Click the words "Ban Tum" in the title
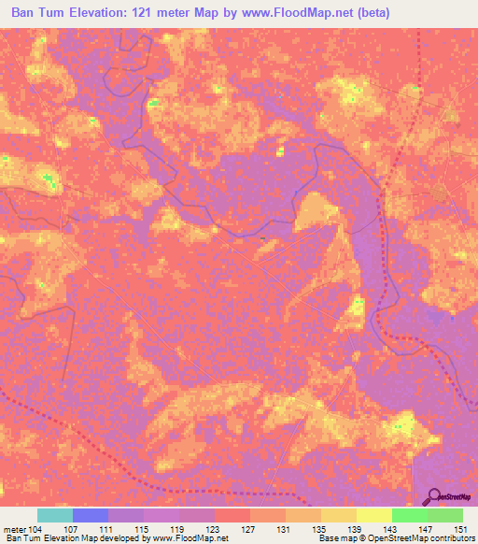(38, 13)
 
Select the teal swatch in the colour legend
(54, 515)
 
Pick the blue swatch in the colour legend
(90, 515)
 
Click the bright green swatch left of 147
(409, 515)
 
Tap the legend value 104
(36, 528)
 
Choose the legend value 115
(143, 528)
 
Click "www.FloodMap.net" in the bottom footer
(178, 538)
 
